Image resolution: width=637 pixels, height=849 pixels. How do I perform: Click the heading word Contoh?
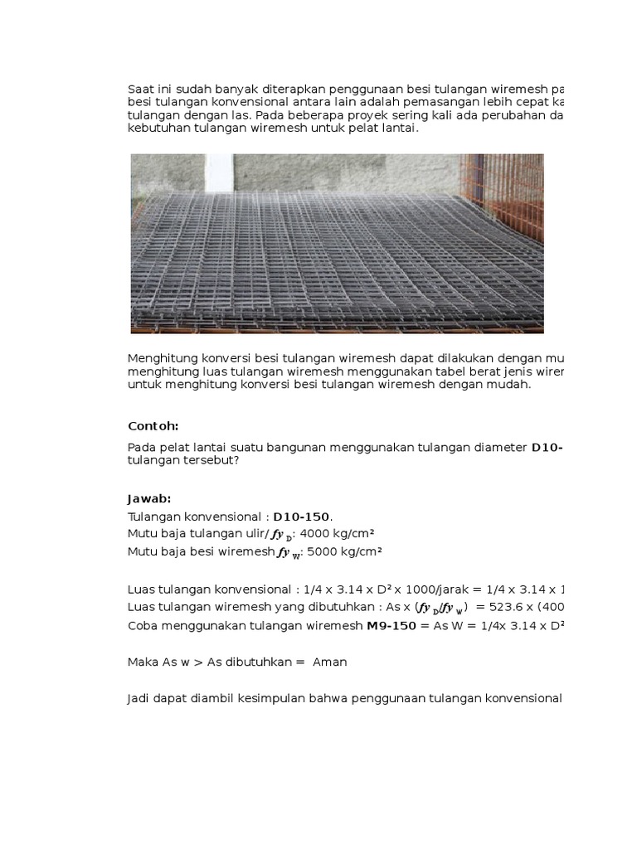click(x=153, y=426)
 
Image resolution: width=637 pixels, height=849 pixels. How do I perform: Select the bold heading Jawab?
click(x=148, y=498)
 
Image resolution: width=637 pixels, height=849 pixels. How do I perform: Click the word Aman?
click(x=330, y=662)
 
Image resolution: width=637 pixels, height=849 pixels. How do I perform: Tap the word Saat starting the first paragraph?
click(x=141, y=89)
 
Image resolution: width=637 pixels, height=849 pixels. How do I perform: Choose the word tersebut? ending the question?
click(x=213, y=461)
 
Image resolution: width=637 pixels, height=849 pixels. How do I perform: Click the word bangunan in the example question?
click(x=299, y=448)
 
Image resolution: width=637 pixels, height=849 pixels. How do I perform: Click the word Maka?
click(x=143, y=662)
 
